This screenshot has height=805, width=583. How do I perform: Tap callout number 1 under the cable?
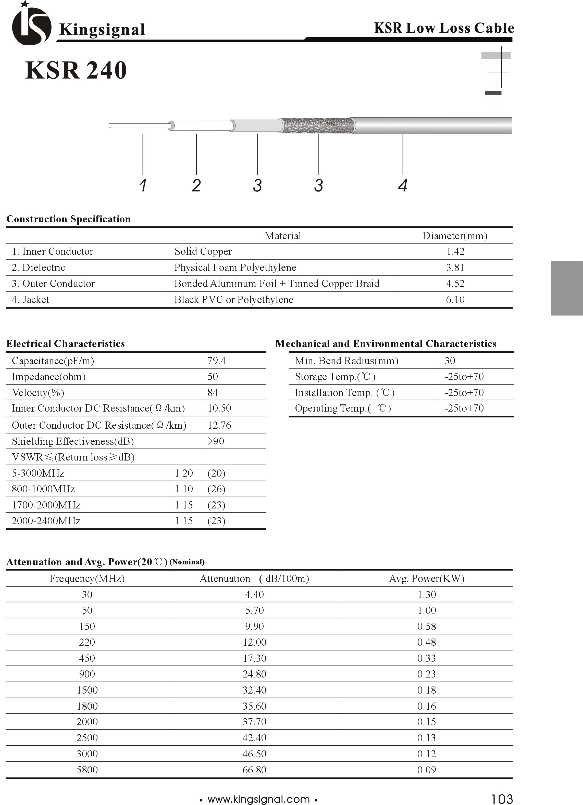(143, 185)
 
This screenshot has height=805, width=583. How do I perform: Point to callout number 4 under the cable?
(402, 185)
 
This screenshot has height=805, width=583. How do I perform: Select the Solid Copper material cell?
(203, 251)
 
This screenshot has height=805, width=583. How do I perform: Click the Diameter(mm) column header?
(454, 236)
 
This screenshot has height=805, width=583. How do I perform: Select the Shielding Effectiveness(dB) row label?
(73, 441)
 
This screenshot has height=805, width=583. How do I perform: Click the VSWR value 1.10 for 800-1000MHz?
(183, 489)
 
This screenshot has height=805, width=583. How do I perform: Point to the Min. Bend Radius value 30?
(450, 361)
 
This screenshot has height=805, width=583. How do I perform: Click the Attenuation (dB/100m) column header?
(254, 579)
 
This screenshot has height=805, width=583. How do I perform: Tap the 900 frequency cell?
(87, 674)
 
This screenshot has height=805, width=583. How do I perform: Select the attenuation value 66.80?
(254, 770)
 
